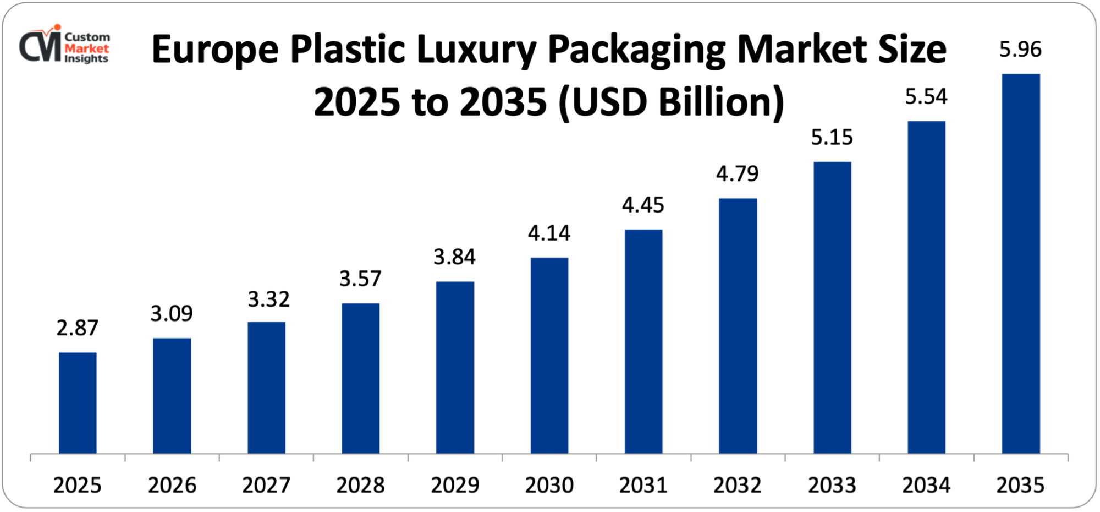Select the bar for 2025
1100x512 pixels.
(78, 403)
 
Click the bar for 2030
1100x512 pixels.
(549, 356)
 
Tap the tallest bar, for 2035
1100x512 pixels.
(1021, 264)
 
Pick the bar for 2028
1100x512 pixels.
(360, 378)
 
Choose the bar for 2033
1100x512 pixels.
(832, 308)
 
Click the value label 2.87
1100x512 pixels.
(78, 328)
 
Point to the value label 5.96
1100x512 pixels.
(1020, 50)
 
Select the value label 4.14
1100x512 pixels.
(549, 233)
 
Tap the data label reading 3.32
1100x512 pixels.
(268, 299)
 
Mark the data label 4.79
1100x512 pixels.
(737, 174)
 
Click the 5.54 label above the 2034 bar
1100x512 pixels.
(926, 97)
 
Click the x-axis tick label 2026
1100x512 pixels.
(172, 486)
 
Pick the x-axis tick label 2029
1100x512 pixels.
(455, 486)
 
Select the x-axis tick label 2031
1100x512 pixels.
(643, 486)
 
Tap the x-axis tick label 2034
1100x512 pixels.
(926, 486)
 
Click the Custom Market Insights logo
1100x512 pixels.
(64, 45)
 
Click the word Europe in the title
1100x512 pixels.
(215, 50)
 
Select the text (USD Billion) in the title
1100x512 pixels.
(671, 102)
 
